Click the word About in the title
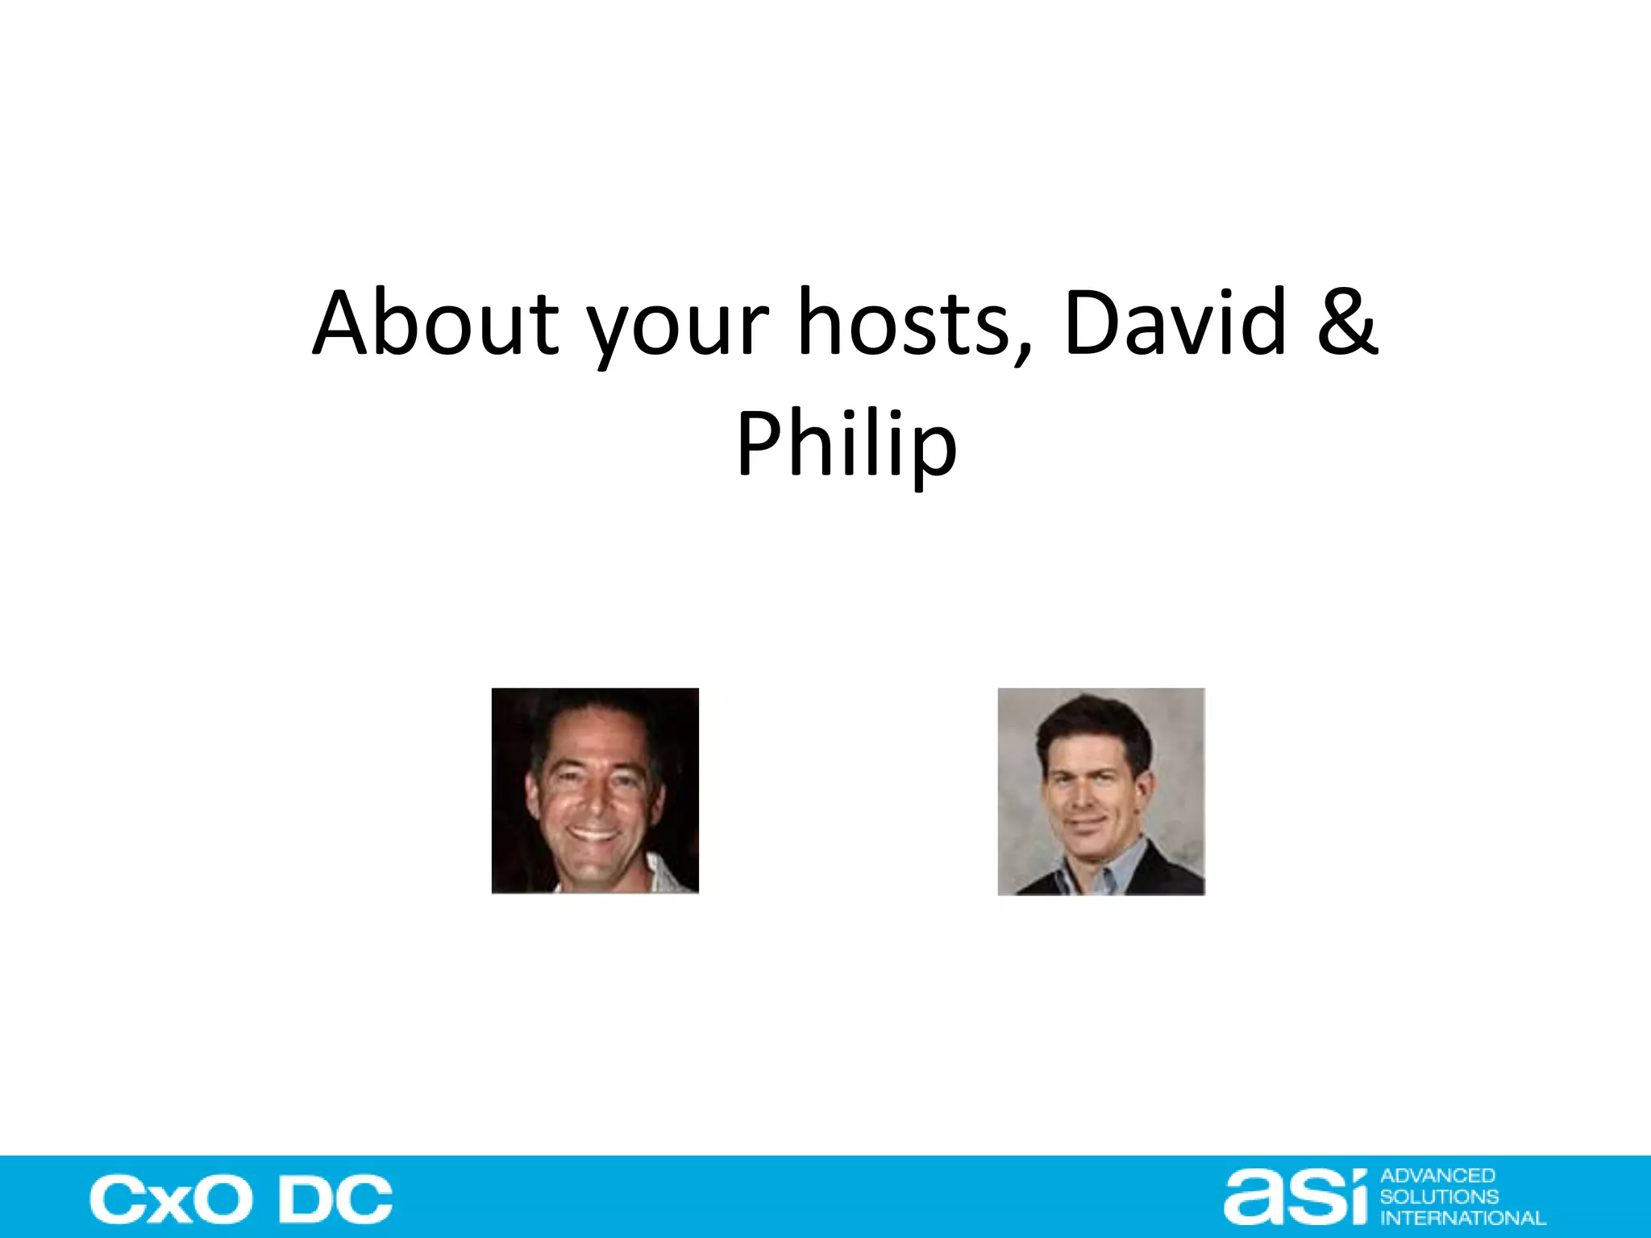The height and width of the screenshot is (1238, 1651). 435,322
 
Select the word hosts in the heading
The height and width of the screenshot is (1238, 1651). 903,322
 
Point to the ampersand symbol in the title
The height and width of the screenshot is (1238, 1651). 1347,322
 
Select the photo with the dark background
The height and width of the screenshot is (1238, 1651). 595,790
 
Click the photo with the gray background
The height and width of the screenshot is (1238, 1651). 1101,791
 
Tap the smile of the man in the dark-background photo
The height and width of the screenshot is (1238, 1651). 594,832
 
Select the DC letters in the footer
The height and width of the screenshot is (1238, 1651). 335,1199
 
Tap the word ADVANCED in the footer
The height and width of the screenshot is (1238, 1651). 1438,1176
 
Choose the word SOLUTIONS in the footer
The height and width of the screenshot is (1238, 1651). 1440,1197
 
